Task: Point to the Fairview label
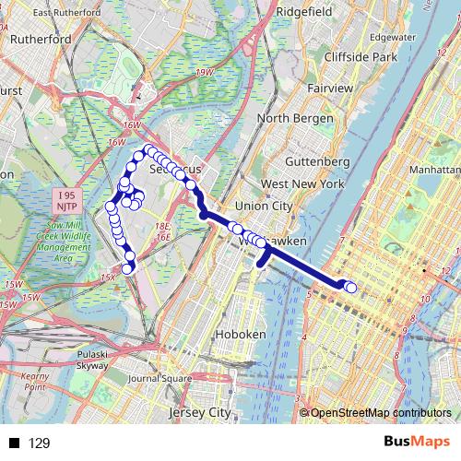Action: point(330,88)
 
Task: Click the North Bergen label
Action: point(292,118)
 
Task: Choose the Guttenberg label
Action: point(316,161)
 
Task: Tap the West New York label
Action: point(301,184)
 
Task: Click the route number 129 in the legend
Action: point(40,443)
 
